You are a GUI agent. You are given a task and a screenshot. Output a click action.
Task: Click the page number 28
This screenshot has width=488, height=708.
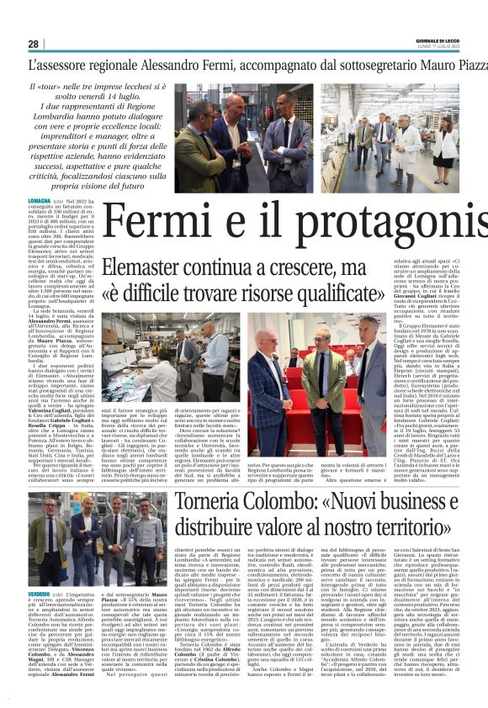[x=34, y=44]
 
